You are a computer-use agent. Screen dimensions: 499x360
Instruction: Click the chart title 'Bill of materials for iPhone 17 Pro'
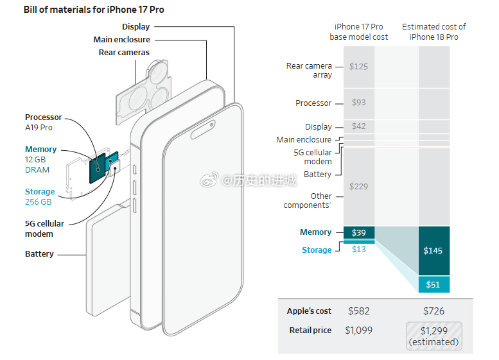click(x=94, y=10)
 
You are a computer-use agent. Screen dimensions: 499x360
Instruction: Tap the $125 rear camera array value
click(x=358, y=67)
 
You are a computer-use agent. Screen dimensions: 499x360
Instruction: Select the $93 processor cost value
click(x=358, y=103)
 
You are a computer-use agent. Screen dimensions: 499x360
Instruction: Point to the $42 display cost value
click(x=358, y=126)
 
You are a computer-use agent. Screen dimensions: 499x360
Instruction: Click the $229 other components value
click(x=358, y=186)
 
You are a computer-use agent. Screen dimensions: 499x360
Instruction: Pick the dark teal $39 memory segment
click(x=358, y=232)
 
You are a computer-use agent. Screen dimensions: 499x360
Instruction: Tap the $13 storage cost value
click(x=358, y=250)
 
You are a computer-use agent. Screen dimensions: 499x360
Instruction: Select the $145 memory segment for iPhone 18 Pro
click(x=433, y=251)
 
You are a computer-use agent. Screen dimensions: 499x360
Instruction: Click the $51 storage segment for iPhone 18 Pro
click(x=433, y=284)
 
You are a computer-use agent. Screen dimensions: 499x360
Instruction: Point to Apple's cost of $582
click(x=358, y=311)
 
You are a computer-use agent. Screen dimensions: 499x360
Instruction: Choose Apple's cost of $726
click(x=433, y=311)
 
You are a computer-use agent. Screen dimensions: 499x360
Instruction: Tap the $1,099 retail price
click(x=358, y=330)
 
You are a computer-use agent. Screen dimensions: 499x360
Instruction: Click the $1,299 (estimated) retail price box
click(x=433, y=336)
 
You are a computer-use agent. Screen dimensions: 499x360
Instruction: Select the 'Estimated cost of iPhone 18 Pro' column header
click(x=433, y=32)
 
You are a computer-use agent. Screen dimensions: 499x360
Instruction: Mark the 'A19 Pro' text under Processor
click(x=39, y=128)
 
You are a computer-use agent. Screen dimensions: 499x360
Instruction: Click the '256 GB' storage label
click(x=38, y=202)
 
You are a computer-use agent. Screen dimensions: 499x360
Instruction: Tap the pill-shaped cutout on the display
click(x=203, y=130)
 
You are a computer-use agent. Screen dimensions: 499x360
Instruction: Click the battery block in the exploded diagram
click(x=108, y=259)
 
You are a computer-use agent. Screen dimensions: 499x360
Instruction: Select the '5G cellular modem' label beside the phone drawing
click(x=44, y=228)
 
